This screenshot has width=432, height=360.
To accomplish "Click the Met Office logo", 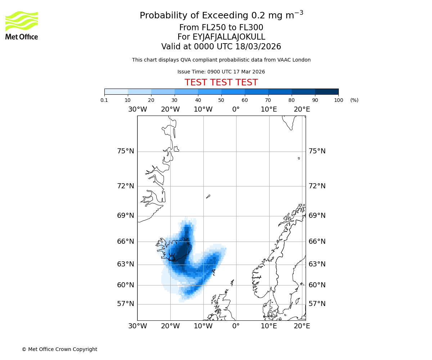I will [x=22, y=25].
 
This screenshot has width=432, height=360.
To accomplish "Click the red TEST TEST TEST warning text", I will [x=221, y=82].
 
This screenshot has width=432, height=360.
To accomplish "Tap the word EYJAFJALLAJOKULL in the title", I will [x=229, y=37].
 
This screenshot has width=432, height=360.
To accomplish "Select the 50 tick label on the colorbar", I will [x=221, y=100].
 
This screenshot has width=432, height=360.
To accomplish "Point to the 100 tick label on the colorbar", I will [x=338, y=100].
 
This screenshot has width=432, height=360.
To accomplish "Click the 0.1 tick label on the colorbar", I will [x=104, y=100].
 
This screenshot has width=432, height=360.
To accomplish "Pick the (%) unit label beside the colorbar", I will [x=354, y=100].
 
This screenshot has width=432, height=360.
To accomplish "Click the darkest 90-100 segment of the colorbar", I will [x=327, y=91].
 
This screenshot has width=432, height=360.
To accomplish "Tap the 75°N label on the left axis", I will [x=126, y=151].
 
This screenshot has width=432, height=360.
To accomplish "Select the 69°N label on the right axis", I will [x=317, y=216].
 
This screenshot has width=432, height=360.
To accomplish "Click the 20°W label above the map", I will [x=170, y=109].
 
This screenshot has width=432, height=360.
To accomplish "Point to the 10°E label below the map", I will [x=269, y=326].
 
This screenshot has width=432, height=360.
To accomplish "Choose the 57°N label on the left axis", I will [x=126, y=304].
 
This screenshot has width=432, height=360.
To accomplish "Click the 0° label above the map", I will [x=236, y=109].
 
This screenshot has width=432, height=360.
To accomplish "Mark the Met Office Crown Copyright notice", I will [x=59, y=349].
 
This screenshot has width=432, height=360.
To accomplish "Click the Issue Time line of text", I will [x=221, y=72].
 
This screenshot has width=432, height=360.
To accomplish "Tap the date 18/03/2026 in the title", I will [x=258, y=47].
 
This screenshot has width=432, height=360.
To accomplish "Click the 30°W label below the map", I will [x=138, y=326].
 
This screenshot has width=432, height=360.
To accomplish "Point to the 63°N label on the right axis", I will [x=317, y=264].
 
